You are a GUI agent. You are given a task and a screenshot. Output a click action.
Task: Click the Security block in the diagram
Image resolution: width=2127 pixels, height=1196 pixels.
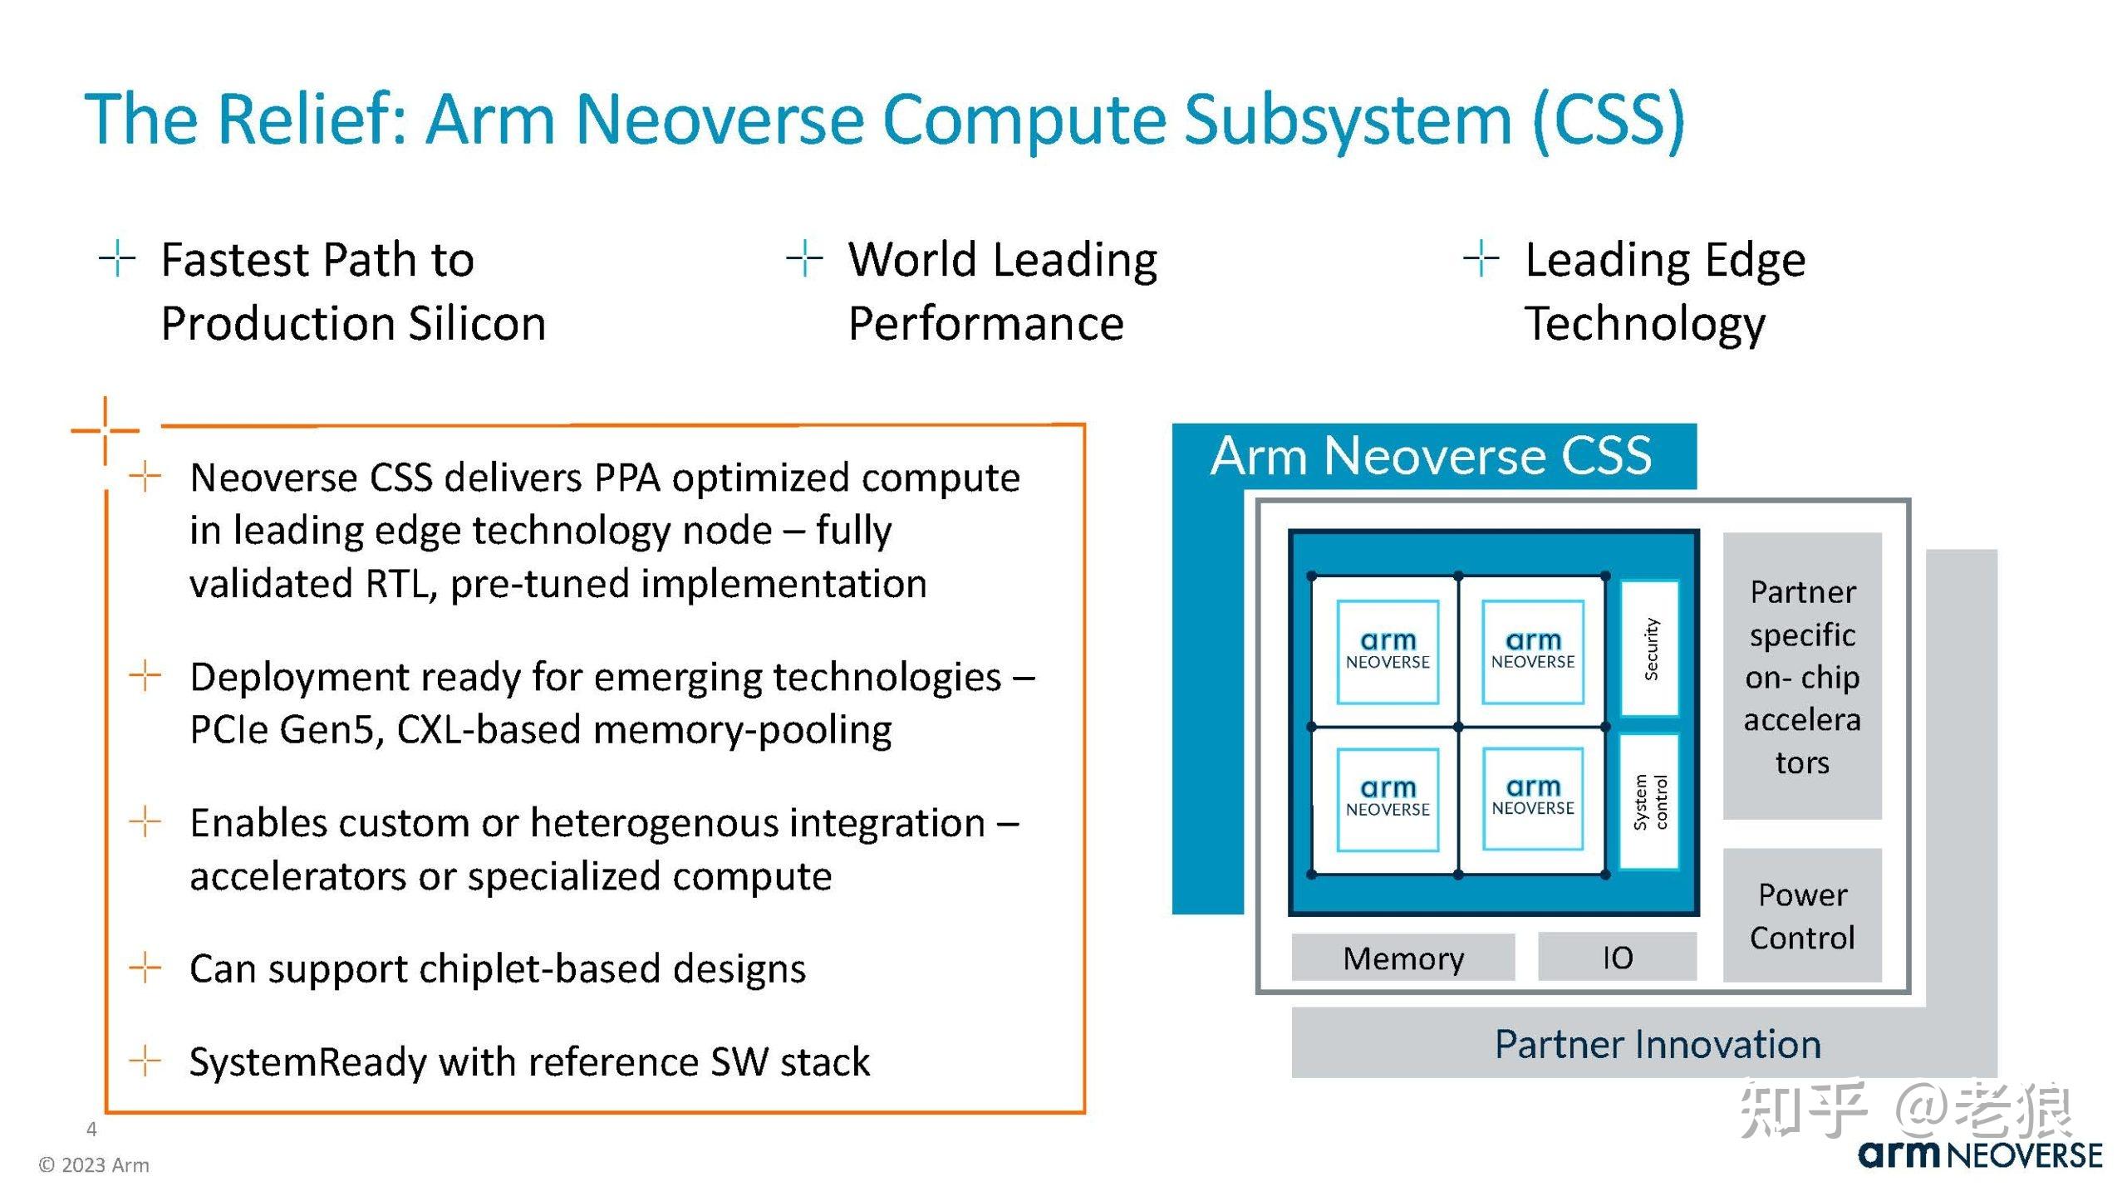[x=1650, y=649]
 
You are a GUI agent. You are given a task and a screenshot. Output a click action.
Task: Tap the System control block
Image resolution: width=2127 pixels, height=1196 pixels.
[x=1650, y=801]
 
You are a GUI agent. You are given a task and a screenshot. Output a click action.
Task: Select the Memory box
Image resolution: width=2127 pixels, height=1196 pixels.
[x=1402, y=958]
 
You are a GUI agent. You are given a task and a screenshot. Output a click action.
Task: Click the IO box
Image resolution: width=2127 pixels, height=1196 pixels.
[x=1617, y=958]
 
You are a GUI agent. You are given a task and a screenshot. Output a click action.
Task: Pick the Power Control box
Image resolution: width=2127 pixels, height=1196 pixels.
[x=1801, y=915]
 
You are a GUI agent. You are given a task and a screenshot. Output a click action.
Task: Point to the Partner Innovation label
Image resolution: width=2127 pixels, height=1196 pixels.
[x=1657, y=1044]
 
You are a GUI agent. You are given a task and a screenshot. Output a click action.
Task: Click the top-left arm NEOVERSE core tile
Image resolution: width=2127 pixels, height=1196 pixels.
[x=1388, y=651]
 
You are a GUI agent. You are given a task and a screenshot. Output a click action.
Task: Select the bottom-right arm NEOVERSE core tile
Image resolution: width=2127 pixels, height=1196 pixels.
[x=1533, y=798]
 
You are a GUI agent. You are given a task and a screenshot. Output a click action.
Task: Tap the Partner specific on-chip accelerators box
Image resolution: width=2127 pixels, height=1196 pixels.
[x=1801, y=676]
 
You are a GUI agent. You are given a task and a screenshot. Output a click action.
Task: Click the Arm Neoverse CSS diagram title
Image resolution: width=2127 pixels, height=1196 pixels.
[x=1431, y=456]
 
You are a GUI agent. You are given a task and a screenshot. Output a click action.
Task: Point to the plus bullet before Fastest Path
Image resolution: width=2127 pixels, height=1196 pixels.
[x=117, y=258]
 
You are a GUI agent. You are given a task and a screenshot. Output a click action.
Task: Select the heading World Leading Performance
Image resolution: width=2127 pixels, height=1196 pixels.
[x=1001, y=291]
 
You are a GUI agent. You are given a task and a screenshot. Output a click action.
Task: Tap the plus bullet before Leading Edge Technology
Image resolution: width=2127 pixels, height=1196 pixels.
[x=1481, y=258]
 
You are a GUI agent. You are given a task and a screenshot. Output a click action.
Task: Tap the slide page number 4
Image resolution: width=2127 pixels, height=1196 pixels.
[x=91, y=1129]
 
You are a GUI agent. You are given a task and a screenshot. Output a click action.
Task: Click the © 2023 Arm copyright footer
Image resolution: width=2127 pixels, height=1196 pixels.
[x=94, y=1164]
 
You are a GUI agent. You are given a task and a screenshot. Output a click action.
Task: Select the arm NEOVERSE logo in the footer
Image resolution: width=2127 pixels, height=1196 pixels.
[x=1980, y=1155]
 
